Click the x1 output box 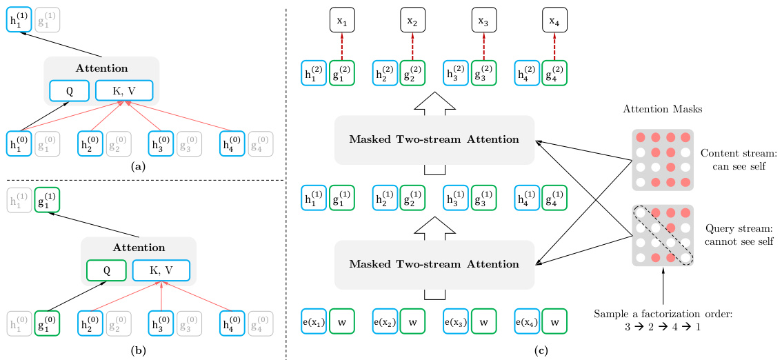[x=341, y=21]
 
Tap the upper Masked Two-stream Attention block [x=434, y=140]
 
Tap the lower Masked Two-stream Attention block [x=434, y=265]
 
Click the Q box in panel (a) [x=69, y=90]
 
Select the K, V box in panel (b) [x=161, y=270]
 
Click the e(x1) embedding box [x=314, y=323]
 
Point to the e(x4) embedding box [x=528, y=323]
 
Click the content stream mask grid [x=663, y=159]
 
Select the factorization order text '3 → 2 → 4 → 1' [x=663, y=326]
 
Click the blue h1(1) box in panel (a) [x=19, y=21]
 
